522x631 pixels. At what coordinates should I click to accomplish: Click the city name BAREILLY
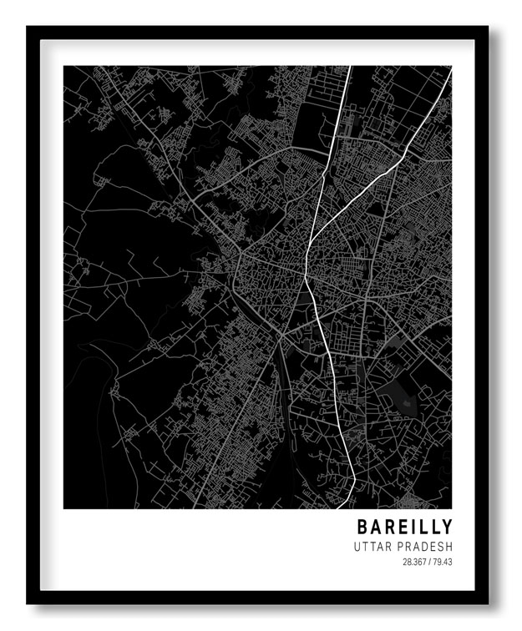[405, 528]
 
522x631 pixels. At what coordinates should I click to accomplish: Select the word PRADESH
[425, 547]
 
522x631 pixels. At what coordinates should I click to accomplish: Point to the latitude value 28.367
[414, 562]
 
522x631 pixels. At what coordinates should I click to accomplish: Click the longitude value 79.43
[443, 562]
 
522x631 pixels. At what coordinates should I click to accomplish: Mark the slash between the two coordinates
[429, 562]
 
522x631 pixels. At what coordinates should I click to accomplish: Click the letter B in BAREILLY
[362, 528]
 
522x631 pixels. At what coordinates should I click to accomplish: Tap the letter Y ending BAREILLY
[448, 528]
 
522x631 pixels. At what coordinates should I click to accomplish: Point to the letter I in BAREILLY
[413, 528]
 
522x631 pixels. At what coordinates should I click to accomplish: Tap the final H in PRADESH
[449, 547]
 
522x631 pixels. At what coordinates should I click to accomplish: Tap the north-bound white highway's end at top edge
[349, 68]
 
